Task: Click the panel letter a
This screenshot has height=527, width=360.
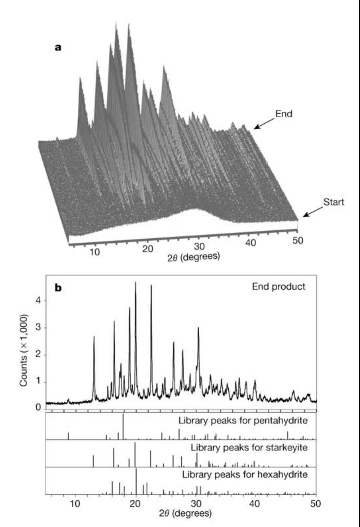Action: click(x=58, y=48)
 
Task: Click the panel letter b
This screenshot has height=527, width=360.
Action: click(x=58, y=288)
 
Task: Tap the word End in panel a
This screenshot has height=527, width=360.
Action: click(x=284, y=114)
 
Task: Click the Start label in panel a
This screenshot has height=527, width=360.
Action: click(x=333, y=202)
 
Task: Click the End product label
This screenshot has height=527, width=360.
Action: click(x=278, y=286)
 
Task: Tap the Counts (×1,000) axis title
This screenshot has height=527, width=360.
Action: click(x=24, y=350)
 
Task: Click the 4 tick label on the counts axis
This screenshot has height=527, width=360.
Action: click(x=38, y=301)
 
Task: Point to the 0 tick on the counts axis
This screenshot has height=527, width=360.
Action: click(x=38, y=407)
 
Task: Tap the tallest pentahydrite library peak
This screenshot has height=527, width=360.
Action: click(x=123, y=426)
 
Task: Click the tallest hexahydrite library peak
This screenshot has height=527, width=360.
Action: click(x=136, y=481)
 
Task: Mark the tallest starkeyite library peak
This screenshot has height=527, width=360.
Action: click(x=135, y=454)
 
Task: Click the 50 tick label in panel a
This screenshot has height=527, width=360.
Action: click(x=298, y=240)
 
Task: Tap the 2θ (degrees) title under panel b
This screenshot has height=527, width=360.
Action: click(x=185, y=513)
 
